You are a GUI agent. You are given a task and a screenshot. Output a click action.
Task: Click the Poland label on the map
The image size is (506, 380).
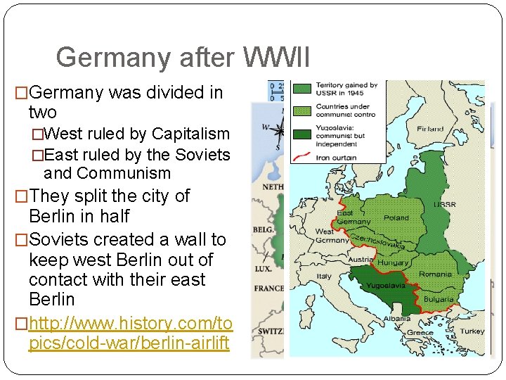pyautogui.click(x=396, y=217)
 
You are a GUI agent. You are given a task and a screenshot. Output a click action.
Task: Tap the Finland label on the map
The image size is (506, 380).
pyautogui.click(x=430, y=129)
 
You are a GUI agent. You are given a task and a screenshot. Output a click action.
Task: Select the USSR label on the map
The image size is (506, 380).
pyautogui.click(x=445, y=205)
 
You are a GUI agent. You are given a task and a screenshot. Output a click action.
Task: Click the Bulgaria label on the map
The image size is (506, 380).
pyautogui.click(x=439, y=299)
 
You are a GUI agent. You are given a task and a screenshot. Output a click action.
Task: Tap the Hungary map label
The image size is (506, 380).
pyautogui.click(x=393, y=262)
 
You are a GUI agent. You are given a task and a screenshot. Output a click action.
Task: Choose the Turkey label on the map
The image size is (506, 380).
pyautogui.click(x=472, y=331)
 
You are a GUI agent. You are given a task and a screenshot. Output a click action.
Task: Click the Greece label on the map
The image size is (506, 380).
pyautogui.click(x=420, y=333)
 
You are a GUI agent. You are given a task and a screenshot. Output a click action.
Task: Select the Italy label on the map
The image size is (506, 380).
pyautogui.click(x=324, y=277)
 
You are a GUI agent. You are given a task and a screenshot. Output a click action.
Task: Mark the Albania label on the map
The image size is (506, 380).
pyautogui.click(x=397, y=318)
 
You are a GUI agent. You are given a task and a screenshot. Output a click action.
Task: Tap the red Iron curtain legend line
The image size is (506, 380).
pyautogui.click(x=304, y=158)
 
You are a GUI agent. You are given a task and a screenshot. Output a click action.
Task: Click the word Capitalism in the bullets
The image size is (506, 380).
pyautogui.click(x=190, y=134)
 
